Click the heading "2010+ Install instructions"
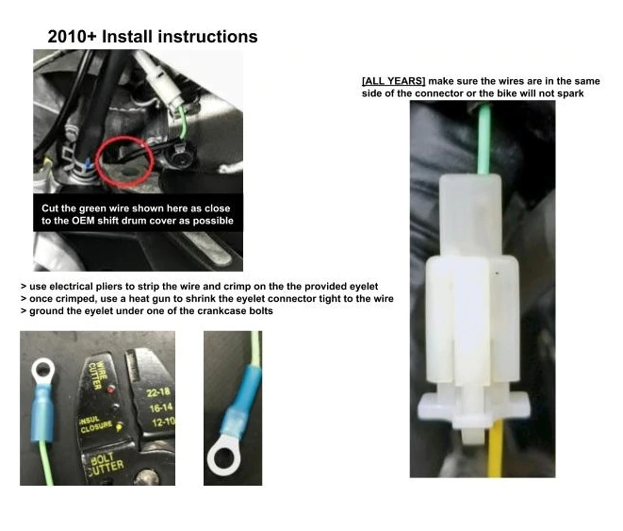[153, 37]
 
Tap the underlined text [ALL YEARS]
[393, 81]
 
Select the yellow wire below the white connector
[495, 448]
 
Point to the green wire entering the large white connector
[484, 139]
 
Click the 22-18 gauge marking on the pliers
[158, 392]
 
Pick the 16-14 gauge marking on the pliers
[161, 407]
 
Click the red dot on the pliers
[111, 389]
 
